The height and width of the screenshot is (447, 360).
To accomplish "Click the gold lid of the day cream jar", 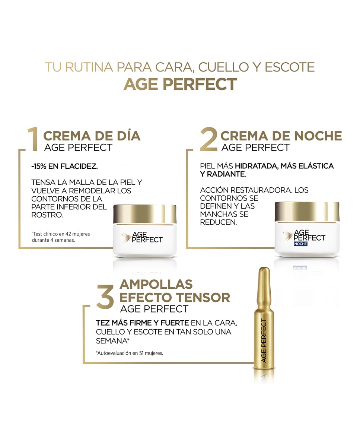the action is tap(145, 214).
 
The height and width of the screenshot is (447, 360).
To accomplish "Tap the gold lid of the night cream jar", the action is tap(307, 211).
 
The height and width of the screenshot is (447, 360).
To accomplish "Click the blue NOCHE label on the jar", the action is tap(301, 244).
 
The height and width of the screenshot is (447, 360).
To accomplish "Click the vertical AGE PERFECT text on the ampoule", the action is tap(264, 340).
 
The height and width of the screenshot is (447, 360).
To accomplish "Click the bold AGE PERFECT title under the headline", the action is tap(180, 84).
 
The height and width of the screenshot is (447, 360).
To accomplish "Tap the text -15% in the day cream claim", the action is tap(39, 166).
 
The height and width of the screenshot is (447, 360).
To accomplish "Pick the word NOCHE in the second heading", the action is tap(318, 136).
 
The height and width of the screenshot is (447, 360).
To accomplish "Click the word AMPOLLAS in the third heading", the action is tap(156, 284).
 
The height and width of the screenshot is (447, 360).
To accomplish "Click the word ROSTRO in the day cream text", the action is tap(47, 215).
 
